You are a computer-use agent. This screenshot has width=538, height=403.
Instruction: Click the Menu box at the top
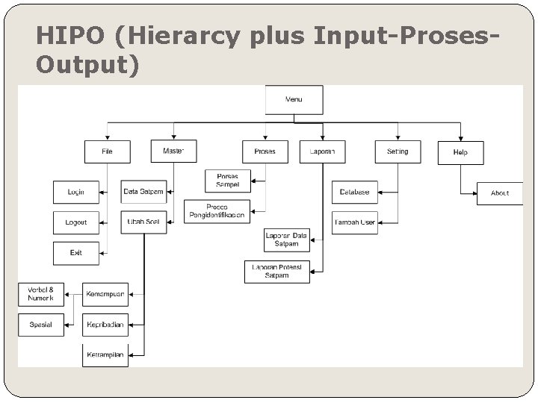coord(294,99)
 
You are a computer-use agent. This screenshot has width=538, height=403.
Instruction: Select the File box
coord(107,151)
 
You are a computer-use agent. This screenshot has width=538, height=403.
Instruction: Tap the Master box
coord(173,151)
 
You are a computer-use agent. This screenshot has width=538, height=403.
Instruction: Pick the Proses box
coord(265,151)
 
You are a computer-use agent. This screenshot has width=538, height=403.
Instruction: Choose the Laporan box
coord(322,151)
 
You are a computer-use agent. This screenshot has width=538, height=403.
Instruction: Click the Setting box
coord(398,151)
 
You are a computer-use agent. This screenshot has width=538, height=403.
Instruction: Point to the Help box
coord(460,152)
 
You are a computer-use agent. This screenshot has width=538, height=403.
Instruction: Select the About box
coord(500,193)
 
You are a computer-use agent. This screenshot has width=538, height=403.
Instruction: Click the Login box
coord(75,192)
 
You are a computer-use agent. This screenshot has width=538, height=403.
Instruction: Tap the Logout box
coord(75,222)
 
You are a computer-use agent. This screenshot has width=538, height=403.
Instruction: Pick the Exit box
coord(75,253)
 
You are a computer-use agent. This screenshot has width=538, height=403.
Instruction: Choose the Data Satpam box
coord(143,192)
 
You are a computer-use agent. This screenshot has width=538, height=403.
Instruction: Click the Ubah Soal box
coord(143,222)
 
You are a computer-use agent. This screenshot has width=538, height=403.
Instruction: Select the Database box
coord(354,192)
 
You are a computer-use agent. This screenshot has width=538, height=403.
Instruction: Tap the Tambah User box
coord(354,222)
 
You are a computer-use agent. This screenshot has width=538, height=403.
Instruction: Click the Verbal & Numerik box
coord(41,294)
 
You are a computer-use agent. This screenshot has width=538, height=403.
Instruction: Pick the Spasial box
coord(41,325)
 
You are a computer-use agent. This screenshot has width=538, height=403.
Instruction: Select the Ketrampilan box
coord(105,354)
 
